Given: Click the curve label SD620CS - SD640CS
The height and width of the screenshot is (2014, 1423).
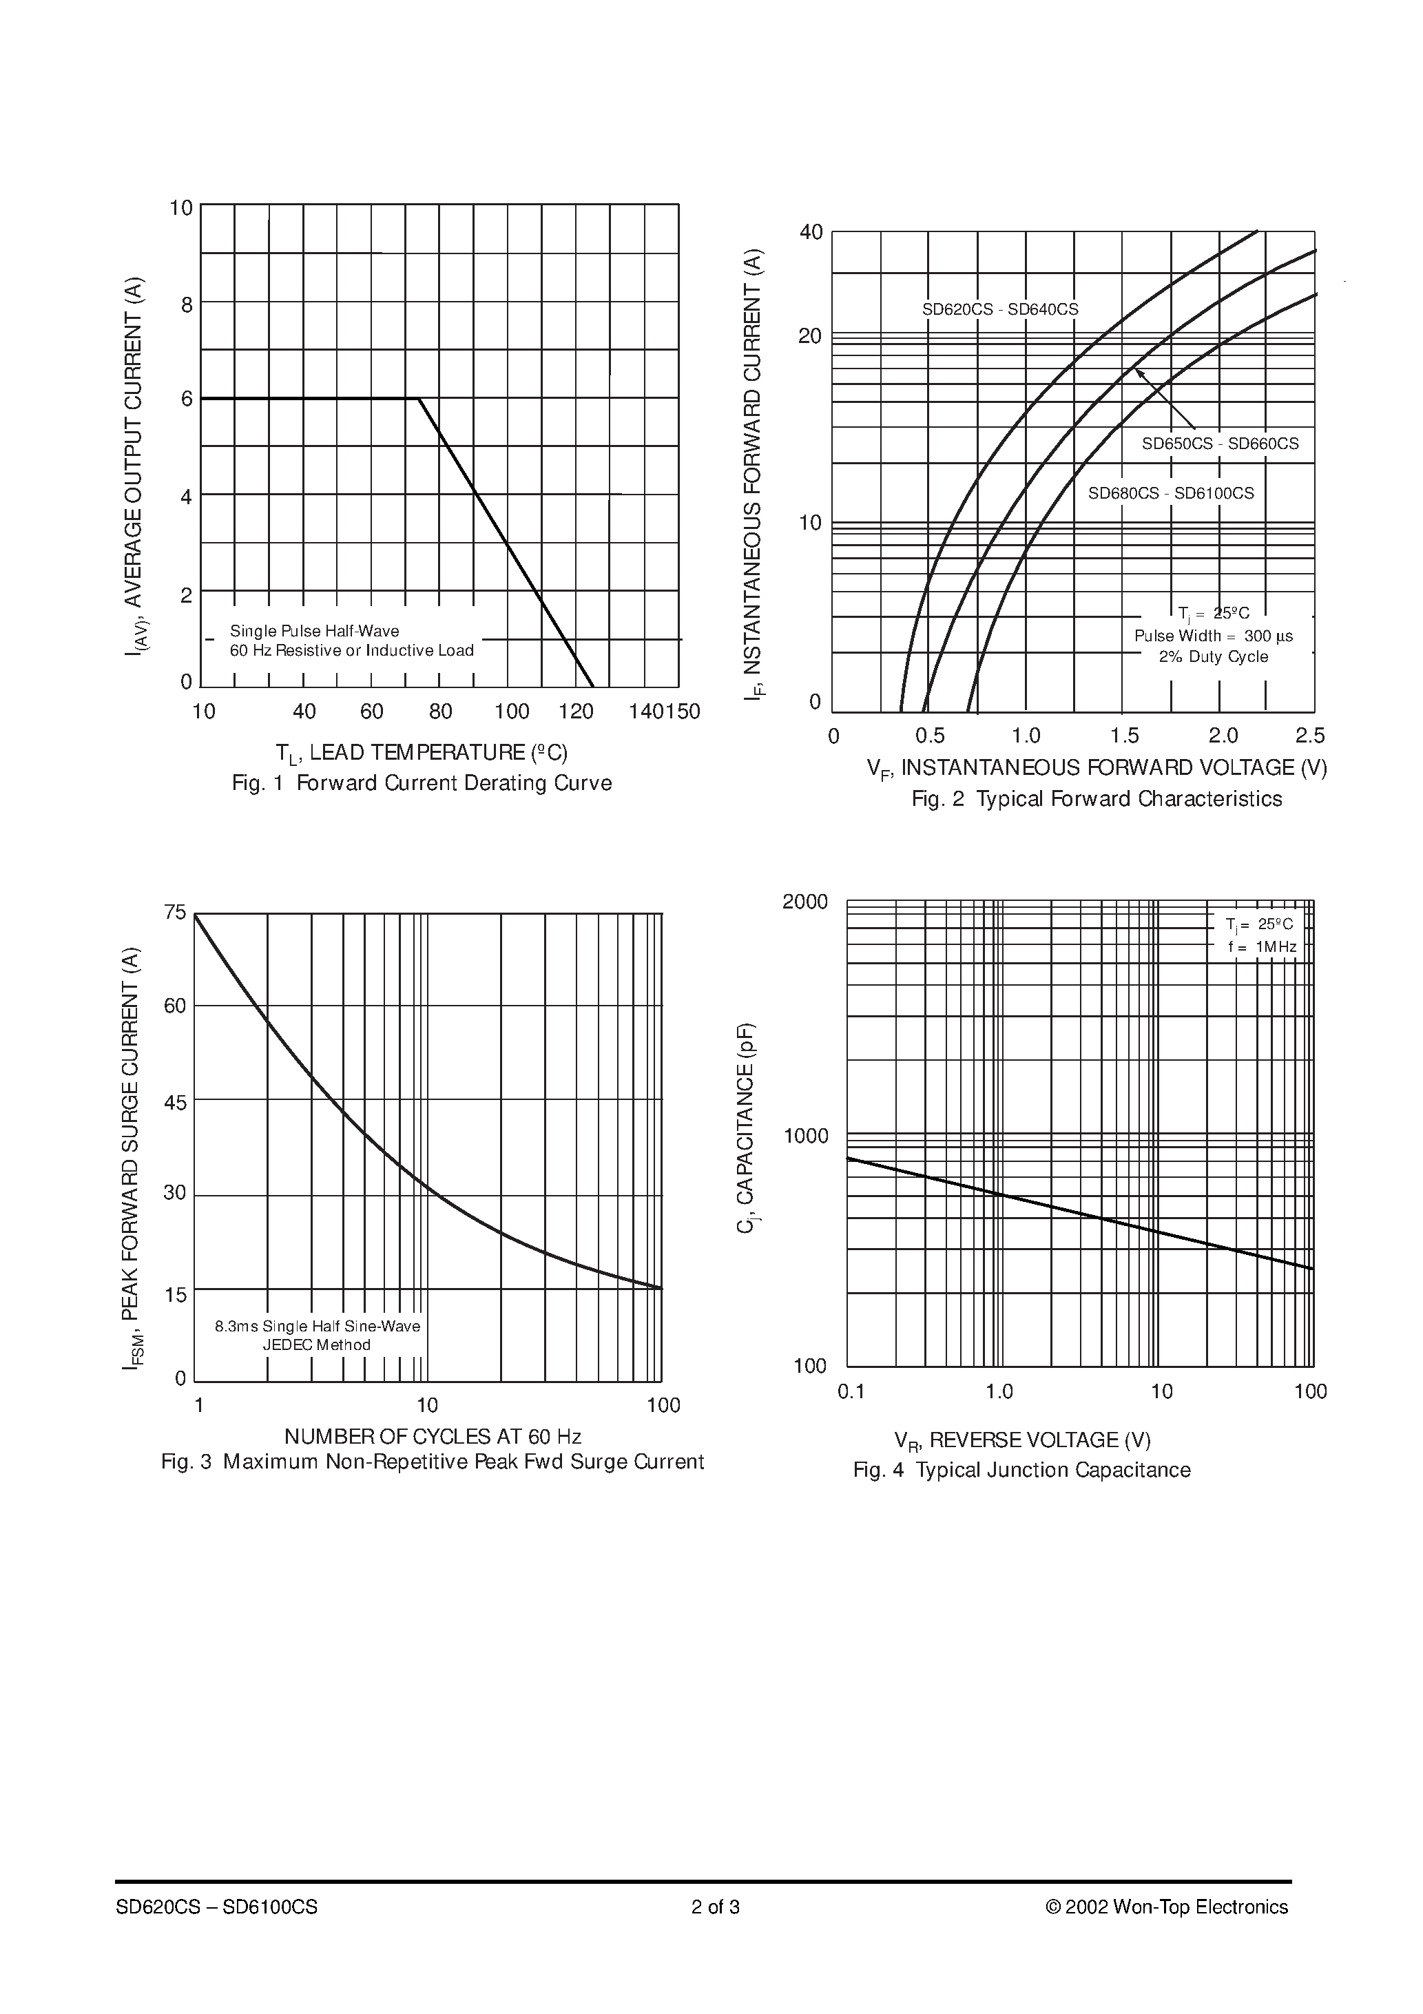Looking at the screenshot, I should (999, 310).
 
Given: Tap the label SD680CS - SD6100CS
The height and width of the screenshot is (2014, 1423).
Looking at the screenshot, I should (1170, 493).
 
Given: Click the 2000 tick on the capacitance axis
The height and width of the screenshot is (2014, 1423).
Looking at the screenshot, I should (804, 902).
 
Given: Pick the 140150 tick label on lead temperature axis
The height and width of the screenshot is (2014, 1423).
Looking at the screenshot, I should (664, 712).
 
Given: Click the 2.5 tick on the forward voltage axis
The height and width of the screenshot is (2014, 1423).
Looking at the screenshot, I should (1310, 735).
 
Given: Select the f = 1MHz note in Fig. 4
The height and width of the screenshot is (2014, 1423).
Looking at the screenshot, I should (1262, 946).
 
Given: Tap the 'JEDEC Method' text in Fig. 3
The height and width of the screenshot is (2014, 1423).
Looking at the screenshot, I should (317, 1345).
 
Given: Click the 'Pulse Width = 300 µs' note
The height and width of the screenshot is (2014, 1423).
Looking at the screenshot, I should (1214, 636).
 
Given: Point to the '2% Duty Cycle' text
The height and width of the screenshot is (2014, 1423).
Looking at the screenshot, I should (1214, 657).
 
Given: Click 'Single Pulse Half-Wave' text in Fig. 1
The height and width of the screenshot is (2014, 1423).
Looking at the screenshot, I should (314, 631).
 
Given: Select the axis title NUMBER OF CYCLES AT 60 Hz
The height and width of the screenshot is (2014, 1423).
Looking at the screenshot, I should (433, 1436).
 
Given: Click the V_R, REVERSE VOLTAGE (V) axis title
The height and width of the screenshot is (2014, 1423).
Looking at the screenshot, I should (1022, 1440).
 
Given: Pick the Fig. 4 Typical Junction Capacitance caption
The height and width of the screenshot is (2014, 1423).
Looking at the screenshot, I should (1021, 1470).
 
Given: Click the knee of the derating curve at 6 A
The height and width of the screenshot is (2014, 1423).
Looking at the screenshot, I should (419, 399).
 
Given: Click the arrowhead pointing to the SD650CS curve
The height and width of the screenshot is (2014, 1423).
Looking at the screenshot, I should (1139, 371).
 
